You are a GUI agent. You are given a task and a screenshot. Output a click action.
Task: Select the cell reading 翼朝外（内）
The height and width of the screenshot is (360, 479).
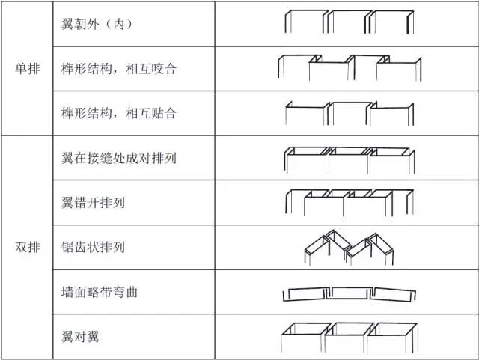[97, 24]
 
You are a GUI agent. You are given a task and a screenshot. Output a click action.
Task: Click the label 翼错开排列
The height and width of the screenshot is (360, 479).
[93, 202]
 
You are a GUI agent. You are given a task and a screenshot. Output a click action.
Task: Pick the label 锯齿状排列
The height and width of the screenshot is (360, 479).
[93, 247]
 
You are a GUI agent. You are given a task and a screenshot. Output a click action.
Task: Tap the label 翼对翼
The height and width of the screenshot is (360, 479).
[80, 336]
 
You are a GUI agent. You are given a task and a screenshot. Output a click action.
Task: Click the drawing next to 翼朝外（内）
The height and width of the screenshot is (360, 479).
[348, 22]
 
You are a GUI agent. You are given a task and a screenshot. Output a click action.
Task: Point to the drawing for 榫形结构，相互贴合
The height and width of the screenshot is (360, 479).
[348, 112]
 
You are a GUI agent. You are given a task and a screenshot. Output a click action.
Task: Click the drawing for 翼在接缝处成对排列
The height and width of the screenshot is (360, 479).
[348, 159]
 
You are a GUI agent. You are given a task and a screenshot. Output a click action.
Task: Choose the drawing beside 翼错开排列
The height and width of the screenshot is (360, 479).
[348, 202]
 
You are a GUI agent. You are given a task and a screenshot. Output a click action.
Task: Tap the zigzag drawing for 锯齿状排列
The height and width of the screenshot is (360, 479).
[348, 248]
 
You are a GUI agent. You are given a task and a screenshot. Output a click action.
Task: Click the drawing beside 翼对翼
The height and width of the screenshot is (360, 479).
[348, 338]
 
